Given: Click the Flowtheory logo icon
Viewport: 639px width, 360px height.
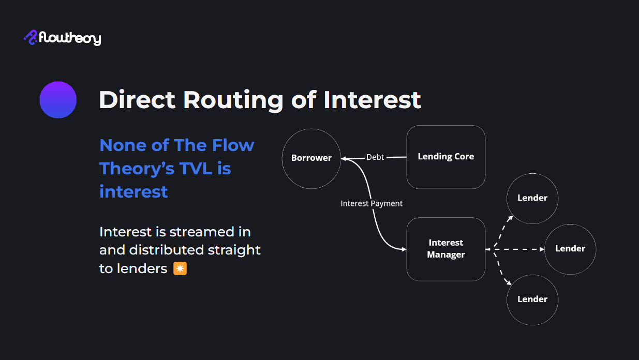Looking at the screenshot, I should click(31, 37).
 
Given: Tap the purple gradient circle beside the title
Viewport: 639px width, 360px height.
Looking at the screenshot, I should click(58, 100).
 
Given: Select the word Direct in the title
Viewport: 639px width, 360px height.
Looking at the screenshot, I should click(137, 99).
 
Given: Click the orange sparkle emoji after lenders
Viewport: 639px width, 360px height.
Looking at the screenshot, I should click(180, 268).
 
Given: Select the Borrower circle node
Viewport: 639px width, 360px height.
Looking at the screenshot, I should click(311, 158).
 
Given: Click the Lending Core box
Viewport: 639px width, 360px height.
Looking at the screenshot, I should click(445, 157).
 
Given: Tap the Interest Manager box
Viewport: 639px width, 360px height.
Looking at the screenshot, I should click(445, 249).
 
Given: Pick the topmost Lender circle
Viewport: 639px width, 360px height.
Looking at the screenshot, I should click(532, 198).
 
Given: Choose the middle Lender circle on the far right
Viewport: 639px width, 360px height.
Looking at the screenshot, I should click(570, 249).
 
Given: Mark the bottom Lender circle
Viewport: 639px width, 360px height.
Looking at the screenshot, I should click(532, 299).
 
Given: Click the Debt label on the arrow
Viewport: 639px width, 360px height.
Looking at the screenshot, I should click(375, 157).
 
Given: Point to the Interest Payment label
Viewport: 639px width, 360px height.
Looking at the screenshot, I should click(371, 204).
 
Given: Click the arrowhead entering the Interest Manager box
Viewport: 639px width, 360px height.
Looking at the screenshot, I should click(403, 249).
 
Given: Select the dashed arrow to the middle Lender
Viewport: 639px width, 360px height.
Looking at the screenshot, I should click(517, 249).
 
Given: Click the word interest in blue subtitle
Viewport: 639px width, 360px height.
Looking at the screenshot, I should click(133, 192).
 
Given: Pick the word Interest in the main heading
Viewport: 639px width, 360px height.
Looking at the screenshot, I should click(372, 99).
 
